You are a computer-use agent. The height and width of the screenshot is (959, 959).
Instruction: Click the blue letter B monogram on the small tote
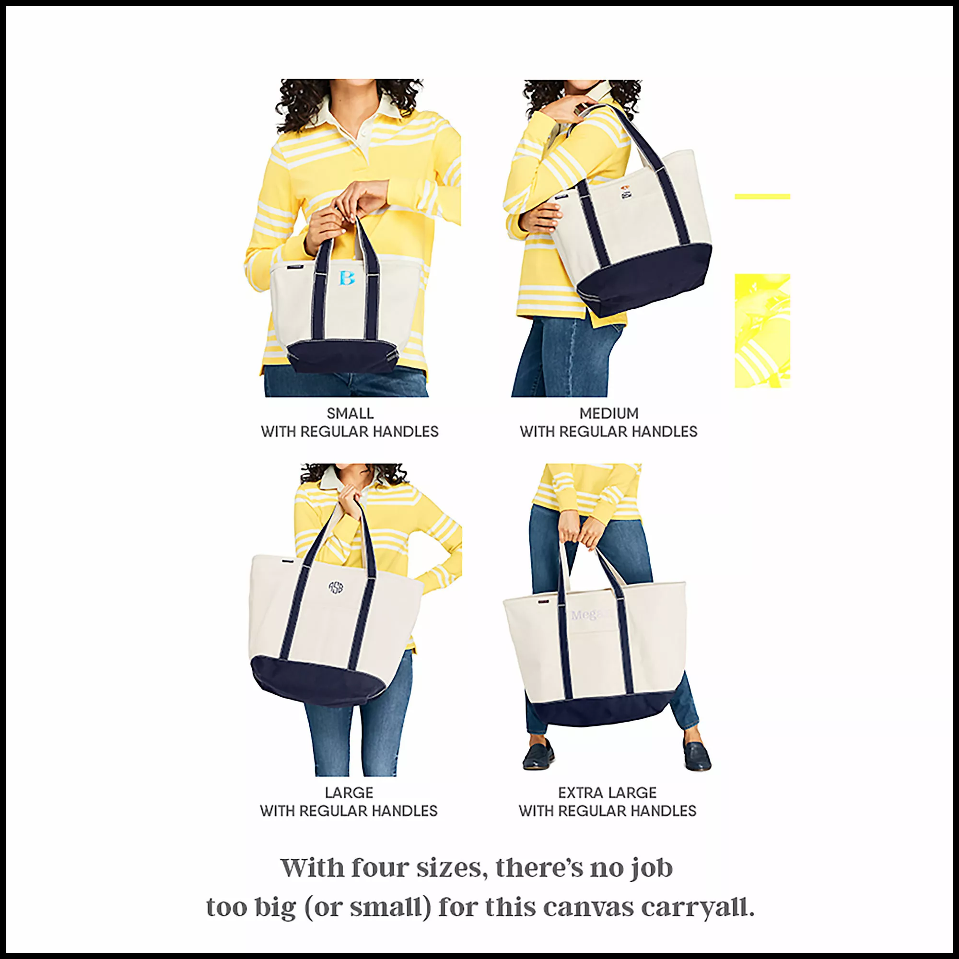pyautogui.click(x=347, y=278)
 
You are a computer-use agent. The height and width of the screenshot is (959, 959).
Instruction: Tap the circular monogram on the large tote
pyautogui.click(x=336, y=588)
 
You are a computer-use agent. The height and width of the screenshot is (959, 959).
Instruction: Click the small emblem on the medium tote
pyautogui.click(x=626, y=192)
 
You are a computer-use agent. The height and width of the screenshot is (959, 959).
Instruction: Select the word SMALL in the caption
pyautogui.click(x=350, y=413)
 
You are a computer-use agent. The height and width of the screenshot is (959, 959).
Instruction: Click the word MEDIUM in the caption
pyautogui.click(x=608, y=413)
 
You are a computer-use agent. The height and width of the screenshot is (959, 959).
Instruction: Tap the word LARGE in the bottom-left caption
pyautogui.click(x=349, y=792)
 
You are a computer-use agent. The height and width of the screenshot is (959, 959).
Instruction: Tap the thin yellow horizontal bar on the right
pyautogui.click(x=762, y=197)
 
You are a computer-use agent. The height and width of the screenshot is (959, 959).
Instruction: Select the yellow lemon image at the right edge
pyautogui.click(x=762, y=330)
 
